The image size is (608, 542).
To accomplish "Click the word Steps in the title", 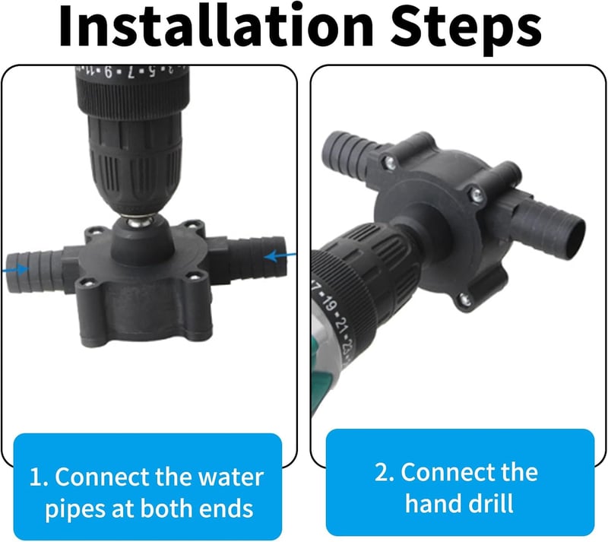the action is coord(466,28).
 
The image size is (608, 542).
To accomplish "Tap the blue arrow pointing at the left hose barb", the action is coord(15,269).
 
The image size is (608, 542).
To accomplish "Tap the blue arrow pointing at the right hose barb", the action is coord(280,256).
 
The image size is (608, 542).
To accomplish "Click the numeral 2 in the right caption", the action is coord(382,473).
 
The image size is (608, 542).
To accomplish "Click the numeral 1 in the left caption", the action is coord(36,477).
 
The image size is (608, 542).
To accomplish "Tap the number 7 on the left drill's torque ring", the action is coord(131,72).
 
